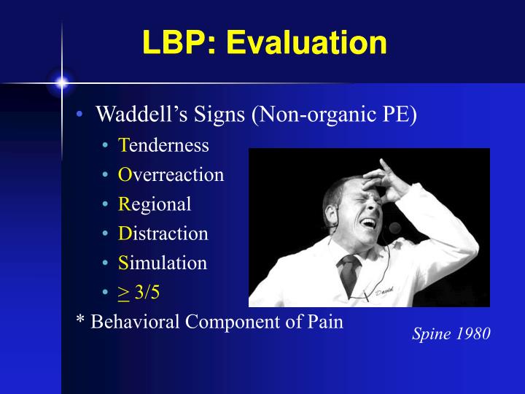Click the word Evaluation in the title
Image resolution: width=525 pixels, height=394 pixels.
coord(306,43)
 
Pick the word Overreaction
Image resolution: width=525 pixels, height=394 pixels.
coord(171,175)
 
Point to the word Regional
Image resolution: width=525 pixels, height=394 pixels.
coord(155,204)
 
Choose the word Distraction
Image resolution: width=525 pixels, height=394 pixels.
coord(163,233)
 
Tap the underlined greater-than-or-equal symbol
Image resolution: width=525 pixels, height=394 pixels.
coord(123,293)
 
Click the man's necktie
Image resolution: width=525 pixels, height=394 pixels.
coord(349,273)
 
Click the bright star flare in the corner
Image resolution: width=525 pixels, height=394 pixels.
coord(61,82)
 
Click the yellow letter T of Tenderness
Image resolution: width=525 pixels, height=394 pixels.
coord(123,145)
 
